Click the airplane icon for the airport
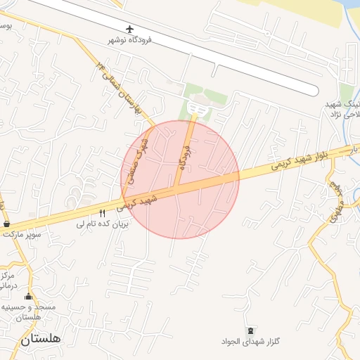[130, 28]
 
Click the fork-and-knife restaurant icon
[103, 213]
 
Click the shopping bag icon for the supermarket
[7, 223]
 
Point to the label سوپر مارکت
[21, 233]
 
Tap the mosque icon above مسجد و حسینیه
[29, 296]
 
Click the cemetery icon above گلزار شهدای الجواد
[251, 330]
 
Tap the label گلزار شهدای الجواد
[250, 342]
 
